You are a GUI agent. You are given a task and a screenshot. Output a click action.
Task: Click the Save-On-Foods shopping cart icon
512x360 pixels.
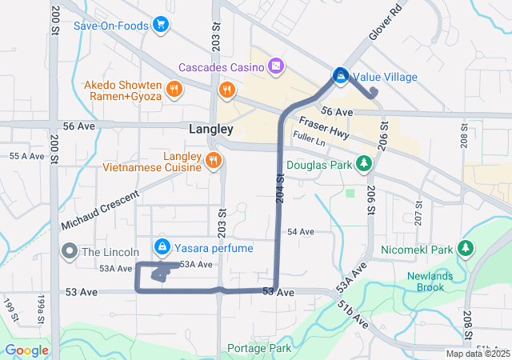(162, 25)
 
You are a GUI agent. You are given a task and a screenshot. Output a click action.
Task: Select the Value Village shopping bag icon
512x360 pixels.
(340, 76)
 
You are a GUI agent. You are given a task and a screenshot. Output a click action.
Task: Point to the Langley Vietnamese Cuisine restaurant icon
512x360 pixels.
(212, 160)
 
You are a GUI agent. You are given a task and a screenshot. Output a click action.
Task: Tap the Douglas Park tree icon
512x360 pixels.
(364, 163)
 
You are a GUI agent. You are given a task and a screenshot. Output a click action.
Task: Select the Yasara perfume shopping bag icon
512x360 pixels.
(162, 246)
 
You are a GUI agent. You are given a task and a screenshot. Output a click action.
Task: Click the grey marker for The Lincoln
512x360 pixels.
(70, 251)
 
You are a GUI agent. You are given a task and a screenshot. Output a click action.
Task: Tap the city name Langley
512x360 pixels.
(211, 129)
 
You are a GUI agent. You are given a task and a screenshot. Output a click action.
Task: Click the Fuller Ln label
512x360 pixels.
(310, 139)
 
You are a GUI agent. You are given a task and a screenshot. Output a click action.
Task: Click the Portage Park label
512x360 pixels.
(258, 348)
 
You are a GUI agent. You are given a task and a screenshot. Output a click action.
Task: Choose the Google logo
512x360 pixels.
(28, 350)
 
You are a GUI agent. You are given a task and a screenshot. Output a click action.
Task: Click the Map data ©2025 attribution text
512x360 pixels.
(477, 354)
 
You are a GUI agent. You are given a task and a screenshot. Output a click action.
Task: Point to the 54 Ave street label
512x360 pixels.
(300, 231)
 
